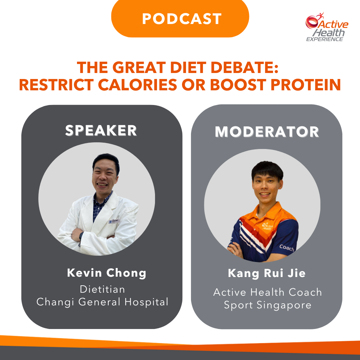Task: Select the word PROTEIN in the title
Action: [306, 85]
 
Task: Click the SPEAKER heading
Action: [101, 130]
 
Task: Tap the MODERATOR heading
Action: [267, 132]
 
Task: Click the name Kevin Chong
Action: [107, 273]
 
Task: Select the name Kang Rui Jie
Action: [267, 273]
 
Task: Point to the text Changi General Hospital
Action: [102, 302]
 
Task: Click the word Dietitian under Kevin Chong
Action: [102, 289]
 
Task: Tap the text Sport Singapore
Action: [267, 305]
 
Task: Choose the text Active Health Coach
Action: [267, 292]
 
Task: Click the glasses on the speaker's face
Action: [105, 172]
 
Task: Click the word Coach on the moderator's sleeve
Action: [286, 248]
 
